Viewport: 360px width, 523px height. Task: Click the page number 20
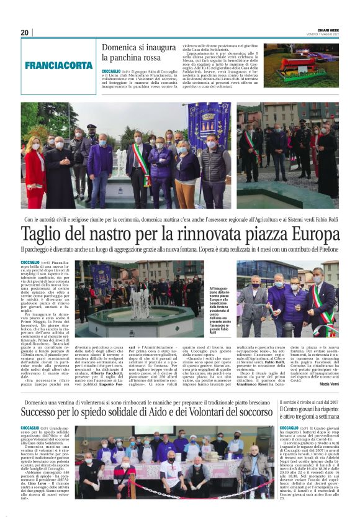click(x=25, y=32)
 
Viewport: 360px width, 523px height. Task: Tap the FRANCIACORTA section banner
click(x=59, y=65)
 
